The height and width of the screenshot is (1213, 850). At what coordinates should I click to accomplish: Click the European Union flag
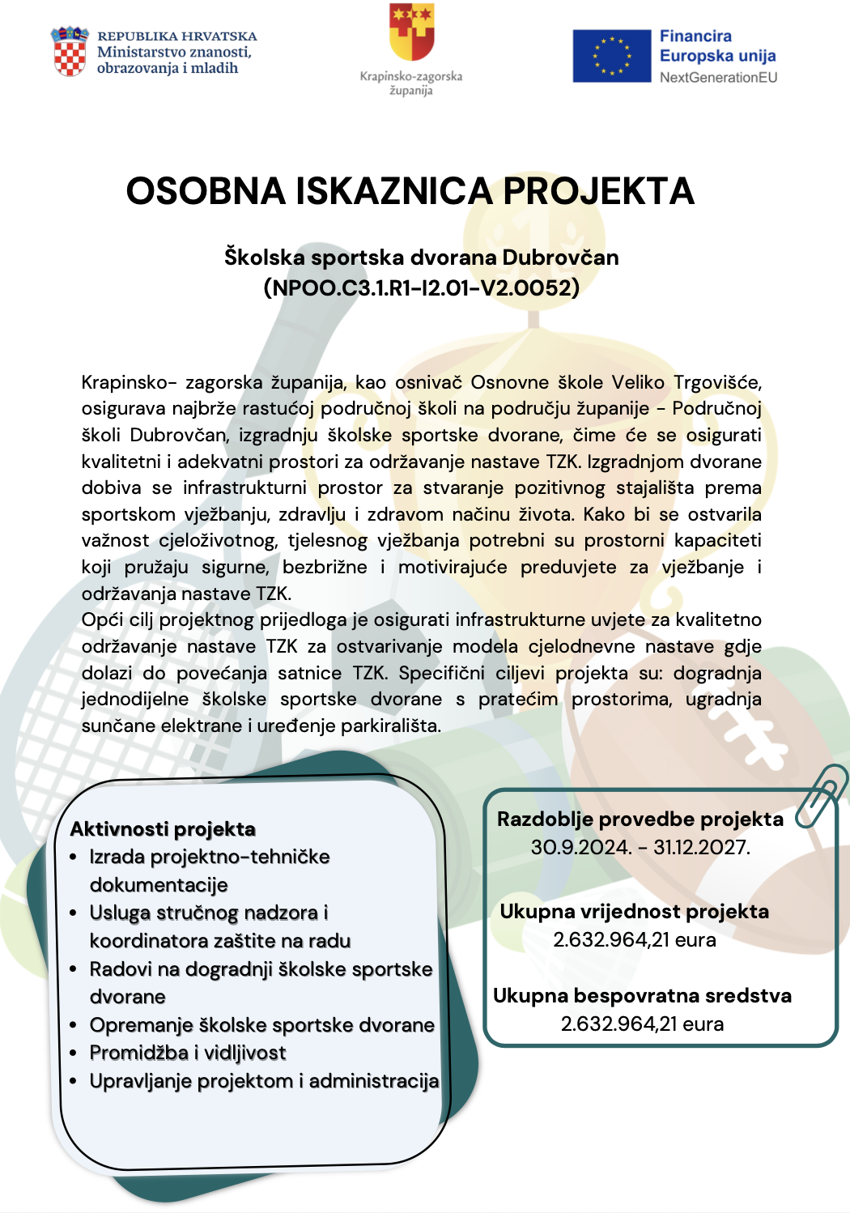point(611,56)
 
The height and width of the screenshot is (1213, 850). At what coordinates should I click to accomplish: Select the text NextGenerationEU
point(718,78)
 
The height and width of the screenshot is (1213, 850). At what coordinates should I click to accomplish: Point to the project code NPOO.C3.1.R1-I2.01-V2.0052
point(422,287)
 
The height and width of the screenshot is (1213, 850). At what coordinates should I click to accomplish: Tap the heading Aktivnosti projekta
point(163,828)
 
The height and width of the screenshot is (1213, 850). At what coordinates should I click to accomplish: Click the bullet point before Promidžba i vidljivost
point(74,1053)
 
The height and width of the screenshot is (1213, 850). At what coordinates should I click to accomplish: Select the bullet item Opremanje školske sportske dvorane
point(261,1025)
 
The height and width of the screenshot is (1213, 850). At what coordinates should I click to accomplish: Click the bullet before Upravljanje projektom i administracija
point(74,1081)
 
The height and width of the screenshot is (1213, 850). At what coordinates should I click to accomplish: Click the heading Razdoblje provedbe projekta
point(640,819)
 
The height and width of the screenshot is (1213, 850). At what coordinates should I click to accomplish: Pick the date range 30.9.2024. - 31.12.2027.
point(640,848)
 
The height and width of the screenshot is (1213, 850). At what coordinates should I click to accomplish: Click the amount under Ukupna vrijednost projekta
point(634,940)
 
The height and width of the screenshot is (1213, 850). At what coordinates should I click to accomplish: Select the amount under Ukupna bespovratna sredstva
point(642,1024)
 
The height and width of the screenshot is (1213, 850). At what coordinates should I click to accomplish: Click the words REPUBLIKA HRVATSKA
point(176,36)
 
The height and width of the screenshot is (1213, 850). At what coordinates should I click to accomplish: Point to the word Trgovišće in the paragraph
point(717,382)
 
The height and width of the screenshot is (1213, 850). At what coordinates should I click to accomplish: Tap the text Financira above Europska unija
point(695,36)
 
